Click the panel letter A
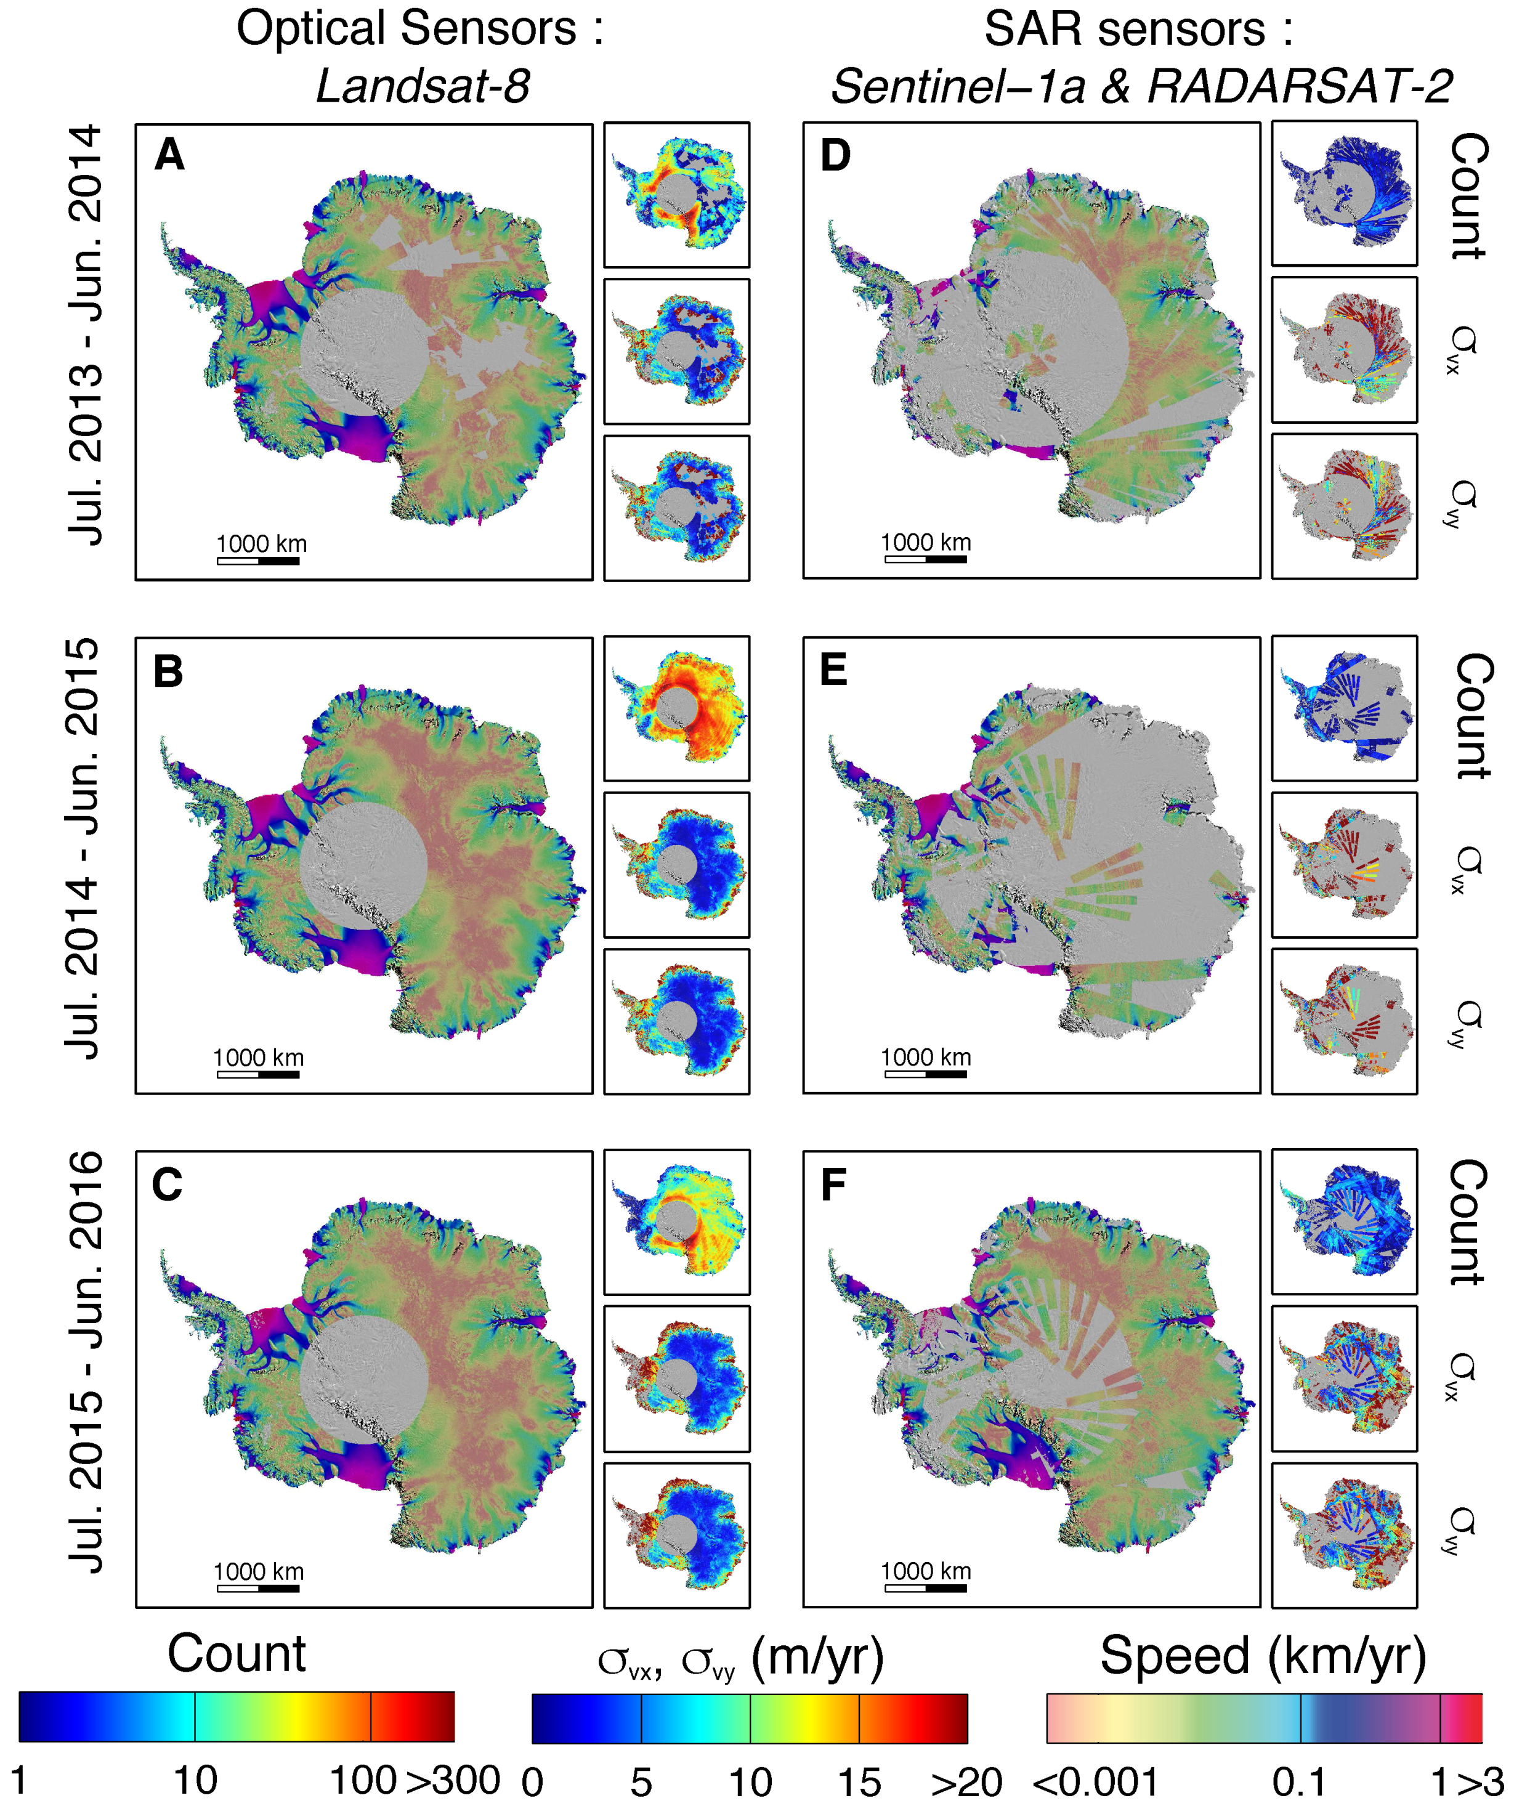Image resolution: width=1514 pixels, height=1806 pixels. (169, 156)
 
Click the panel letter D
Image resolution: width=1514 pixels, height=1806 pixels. (835, 156)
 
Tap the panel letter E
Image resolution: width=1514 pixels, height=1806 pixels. (833, 670)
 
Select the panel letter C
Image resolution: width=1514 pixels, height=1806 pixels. (167, 1184)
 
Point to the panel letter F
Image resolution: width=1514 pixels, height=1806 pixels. (833, 1184)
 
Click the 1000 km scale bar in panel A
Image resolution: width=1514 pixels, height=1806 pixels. (258, 561)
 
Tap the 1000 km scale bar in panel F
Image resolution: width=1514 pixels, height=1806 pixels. (925, 1587)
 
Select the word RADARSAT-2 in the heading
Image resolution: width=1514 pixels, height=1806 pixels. (1299, 87)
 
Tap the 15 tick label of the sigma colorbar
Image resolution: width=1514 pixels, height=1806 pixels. (859, 1783)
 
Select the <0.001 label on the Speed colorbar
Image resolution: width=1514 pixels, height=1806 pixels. (1095, 1783)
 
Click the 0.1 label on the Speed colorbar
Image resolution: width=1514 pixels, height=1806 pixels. (1298, 1783)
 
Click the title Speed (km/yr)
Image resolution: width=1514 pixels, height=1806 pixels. (1262, 1656)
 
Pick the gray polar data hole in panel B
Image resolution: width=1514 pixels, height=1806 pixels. (363, 865)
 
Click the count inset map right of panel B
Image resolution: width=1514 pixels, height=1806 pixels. (676, 708)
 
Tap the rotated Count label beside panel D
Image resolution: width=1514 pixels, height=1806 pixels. (1468, 196)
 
